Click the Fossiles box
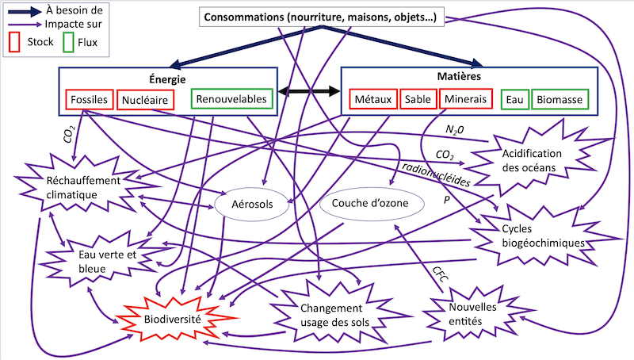tap(88, 101)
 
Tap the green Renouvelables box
tap(233, 100)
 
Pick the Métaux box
tap(372, 101)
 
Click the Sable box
tap(418, 101)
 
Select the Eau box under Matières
tap(514, 101)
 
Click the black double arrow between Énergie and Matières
tap(308, 93)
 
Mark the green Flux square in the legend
tap(68, 42)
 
